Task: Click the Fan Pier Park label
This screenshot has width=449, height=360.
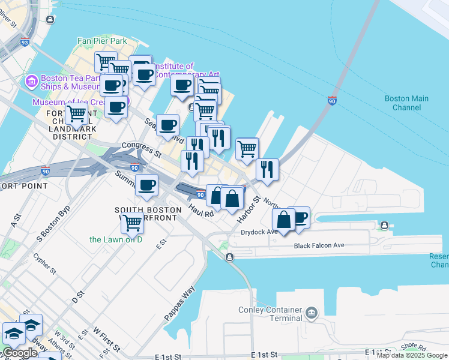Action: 102,41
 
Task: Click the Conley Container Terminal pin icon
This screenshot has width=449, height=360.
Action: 311,312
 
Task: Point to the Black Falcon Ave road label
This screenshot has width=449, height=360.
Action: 319,245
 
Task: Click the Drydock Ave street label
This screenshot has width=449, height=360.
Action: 259,232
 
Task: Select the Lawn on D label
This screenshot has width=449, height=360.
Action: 116,239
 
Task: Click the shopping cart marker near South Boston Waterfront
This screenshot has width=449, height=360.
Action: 132,223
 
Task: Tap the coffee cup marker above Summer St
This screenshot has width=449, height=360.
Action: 146,185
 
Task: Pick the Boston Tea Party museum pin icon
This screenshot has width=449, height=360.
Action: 31,80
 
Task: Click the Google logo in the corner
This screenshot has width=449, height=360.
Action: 20,353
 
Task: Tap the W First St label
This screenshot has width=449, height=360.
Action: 106,339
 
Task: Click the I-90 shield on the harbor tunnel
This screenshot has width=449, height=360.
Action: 332,100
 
